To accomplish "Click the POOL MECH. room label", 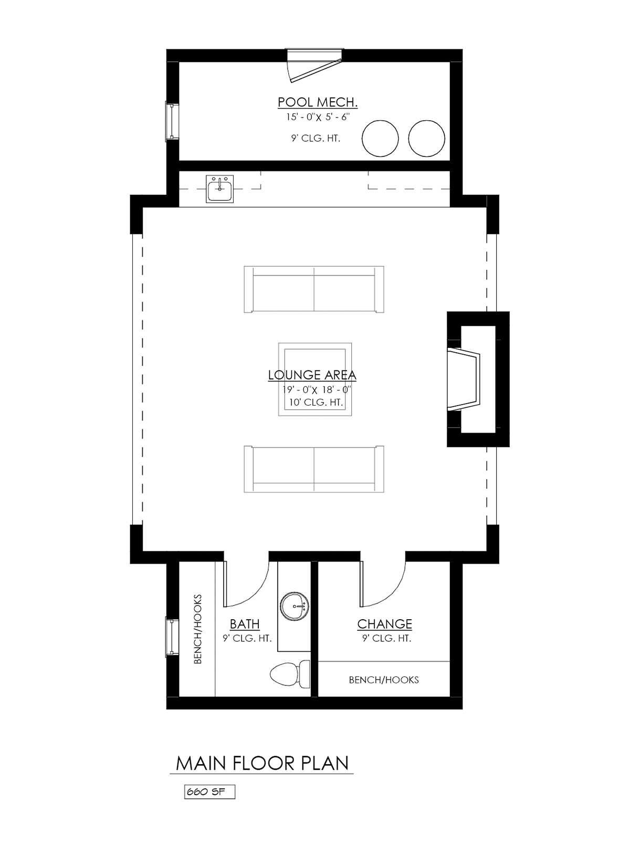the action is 318,102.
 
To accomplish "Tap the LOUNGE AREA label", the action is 312,375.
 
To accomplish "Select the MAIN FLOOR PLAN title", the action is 262,763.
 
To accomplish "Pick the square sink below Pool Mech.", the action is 219,188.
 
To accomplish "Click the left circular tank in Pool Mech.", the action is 380,138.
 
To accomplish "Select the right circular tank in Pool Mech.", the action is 426,138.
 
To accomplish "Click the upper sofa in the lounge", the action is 314,289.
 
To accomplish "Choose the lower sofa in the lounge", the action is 314,469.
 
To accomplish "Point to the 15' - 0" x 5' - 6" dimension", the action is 318,117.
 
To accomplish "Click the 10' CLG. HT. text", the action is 316,402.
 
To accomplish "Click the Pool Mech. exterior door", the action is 315,65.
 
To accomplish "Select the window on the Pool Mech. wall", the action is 172,121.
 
